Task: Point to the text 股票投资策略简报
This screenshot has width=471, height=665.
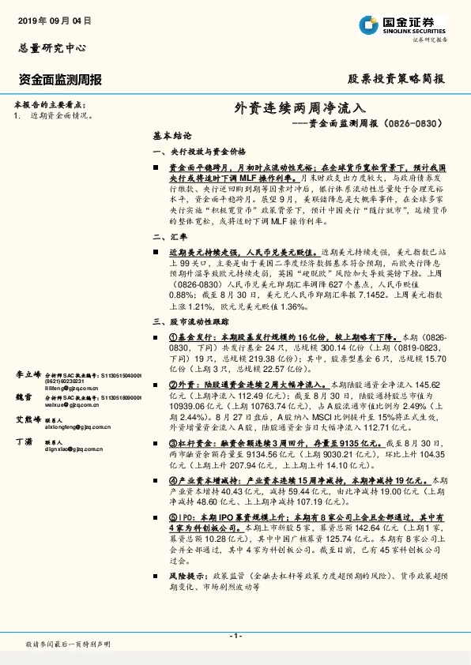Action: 396,80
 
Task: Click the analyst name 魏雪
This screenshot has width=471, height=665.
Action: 23,396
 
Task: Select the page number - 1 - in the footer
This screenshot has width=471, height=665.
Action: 235,636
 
